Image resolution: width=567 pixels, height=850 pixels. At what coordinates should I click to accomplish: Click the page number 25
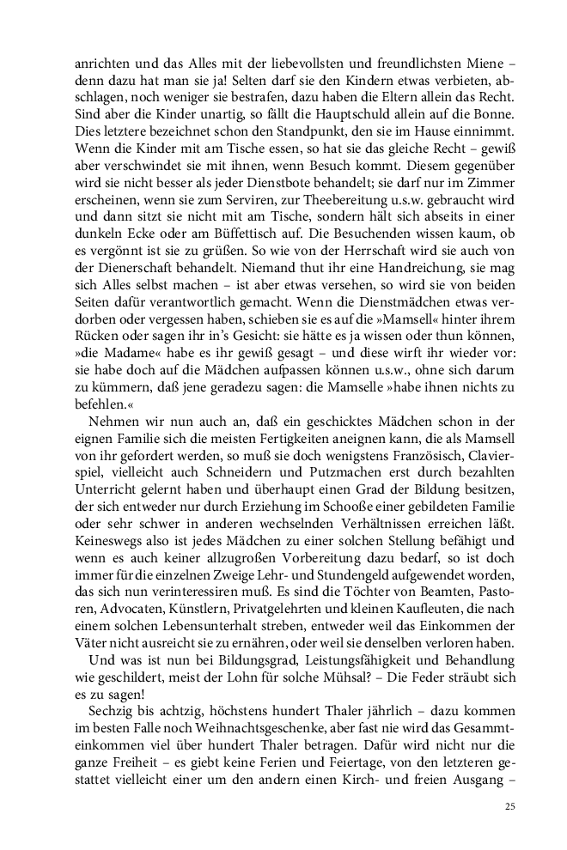tap(509, 808)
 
